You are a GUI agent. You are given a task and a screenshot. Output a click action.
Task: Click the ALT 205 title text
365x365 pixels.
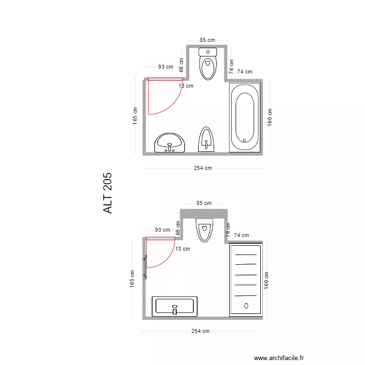(108, 193)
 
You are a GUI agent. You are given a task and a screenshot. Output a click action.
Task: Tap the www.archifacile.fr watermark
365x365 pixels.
(279, 358)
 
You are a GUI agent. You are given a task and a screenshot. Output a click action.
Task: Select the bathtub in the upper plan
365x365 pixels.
(245, 118)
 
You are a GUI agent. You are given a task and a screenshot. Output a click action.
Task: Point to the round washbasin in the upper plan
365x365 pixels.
(169, 143)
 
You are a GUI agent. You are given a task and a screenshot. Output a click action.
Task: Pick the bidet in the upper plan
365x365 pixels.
(206, 139)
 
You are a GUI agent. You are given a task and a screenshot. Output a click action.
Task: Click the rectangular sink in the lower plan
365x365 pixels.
(175, 306)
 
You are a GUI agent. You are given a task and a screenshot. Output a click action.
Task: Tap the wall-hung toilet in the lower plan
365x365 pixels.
(204, 230)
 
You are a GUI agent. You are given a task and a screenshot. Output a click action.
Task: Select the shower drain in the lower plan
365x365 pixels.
(246, 306)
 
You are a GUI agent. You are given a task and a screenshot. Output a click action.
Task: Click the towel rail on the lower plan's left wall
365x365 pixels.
(146, 267)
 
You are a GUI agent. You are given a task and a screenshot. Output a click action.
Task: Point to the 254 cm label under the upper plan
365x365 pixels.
(203, 168)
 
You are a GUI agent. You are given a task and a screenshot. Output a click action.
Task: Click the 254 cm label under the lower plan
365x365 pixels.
(201, 331)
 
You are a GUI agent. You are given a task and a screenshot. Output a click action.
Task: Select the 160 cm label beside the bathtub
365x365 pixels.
(270, 117)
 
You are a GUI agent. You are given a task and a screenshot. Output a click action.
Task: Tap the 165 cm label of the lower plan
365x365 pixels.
(132, 279)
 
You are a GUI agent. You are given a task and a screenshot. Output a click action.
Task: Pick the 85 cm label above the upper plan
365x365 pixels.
(207, 40)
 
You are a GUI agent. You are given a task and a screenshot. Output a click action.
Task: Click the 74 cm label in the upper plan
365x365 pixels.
(245, 72)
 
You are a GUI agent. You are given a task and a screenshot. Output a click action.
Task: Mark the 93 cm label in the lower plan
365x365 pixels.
(163, 230)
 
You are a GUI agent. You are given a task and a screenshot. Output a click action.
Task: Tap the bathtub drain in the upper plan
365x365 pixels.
(244, 140)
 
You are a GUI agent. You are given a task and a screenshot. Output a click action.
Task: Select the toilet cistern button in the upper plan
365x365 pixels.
(208, 52)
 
